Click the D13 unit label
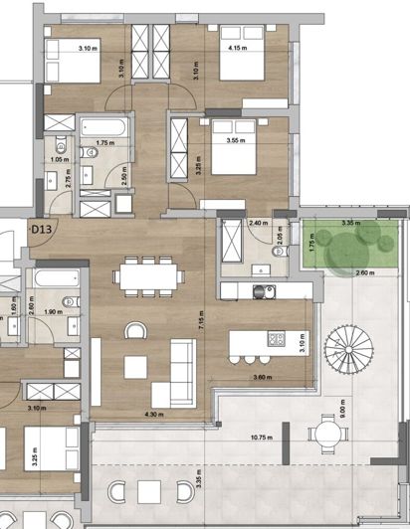coord(41,230)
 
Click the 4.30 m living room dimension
coord(154,413)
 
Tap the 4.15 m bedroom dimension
coord(237,48)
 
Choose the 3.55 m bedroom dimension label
coord(237,141)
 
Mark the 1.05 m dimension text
coord(58,159)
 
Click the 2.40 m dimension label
coord(257,224)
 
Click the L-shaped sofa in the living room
coord(174,370)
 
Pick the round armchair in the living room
coord(134,331)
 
